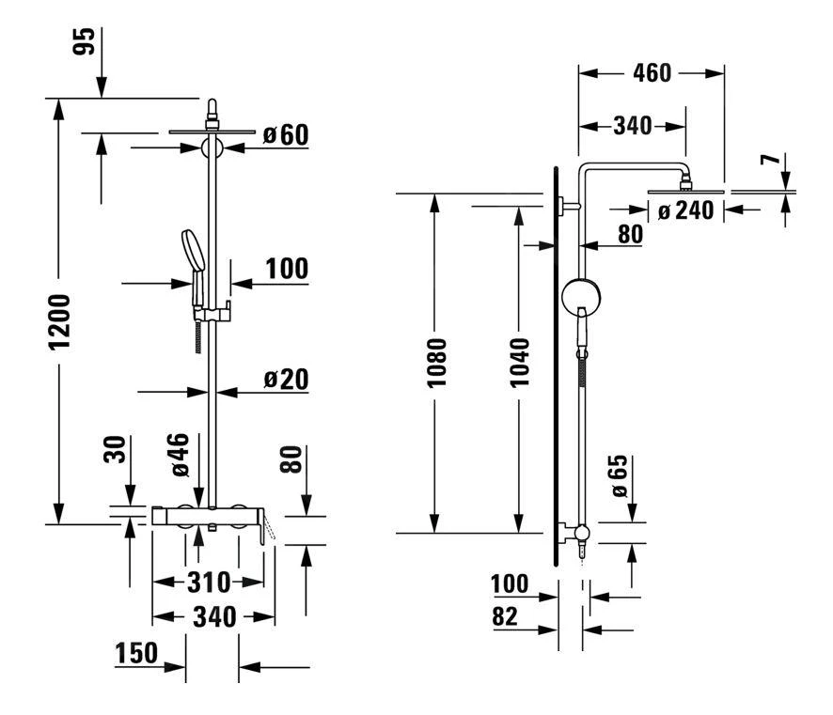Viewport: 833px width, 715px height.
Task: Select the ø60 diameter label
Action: click(x=285, y=135)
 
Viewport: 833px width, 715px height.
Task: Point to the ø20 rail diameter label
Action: click(x=285, y=380)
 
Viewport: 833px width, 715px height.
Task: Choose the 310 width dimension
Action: click(x=209, y=583)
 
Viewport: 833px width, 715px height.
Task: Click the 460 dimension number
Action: click(x=652, y=72)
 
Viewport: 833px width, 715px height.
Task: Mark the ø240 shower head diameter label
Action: click(x=686, y=211)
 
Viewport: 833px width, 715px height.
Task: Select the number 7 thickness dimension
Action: click(x=771, y=161)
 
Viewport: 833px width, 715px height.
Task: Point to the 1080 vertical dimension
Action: click(x=434, y=364)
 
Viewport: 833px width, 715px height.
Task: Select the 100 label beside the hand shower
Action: click(x=285, y=269)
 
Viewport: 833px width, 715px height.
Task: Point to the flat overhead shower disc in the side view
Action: click(x=687, y=191)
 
